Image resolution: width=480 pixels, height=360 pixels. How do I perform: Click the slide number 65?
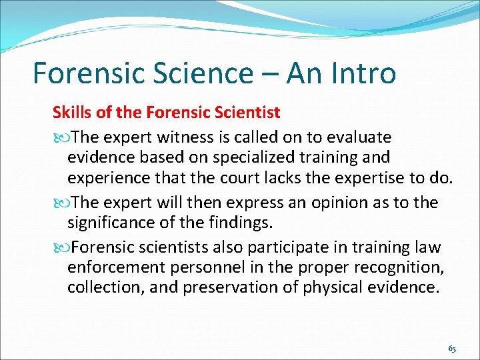tap(452, 349)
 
